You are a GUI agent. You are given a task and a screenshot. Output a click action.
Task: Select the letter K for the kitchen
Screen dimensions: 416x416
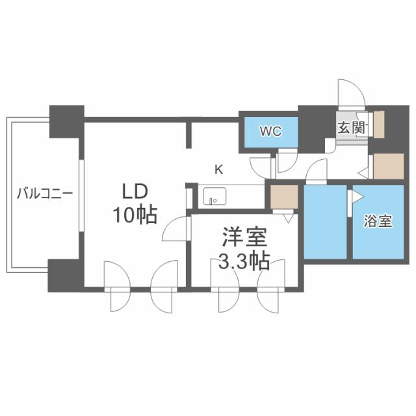click(219, 170)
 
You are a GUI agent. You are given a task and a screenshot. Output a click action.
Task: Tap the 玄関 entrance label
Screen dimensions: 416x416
click(350, 127)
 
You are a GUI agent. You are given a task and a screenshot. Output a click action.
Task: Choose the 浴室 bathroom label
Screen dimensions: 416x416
click(378, 220)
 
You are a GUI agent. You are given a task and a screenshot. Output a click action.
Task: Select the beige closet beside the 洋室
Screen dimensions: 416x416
click(283, 197)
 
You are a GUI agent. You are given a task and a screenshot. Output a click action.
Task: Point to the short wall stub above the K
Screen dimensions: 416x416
click(190, 133)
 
